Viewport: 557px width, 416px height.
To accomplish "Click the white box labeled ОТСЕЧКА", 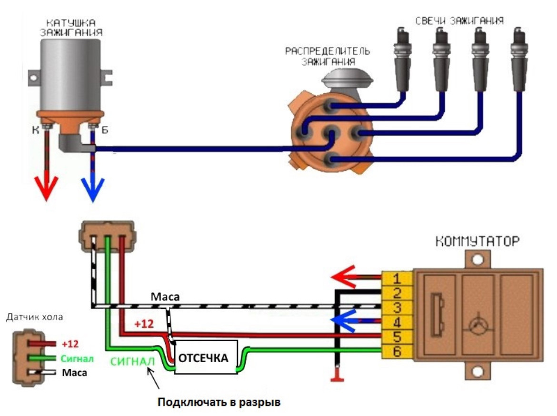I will pyautogui.click(x=206, y=357).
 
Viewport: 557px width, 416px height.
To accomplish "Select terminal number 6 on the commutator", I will pyautogui.click(x=397, y=353).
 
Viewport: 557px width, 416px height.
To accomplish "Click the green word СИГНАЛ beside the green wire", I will pyautogui.click(x=133, y=362).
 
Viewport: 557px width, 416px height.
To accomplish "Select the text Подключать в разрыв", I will pyautogui.click(x=219, y=402).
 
